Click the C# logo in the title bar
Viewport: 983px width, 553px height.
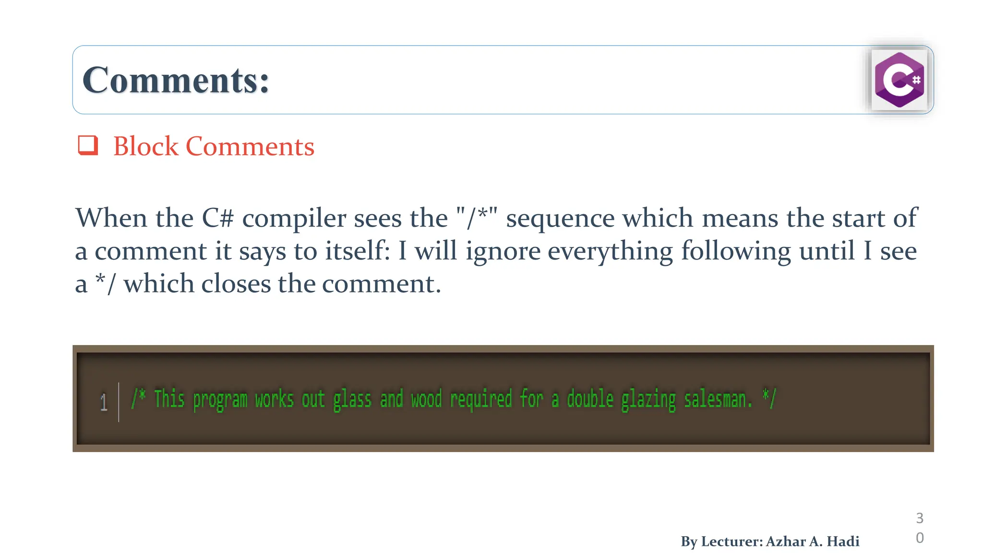click(899, 80)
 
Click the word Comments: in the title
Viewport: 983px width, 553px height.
click(176, 80)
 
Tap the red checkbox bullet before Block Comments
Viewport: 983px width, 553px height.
click(88, 145)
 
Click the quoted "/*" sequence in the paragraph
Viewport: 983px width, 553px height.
click(477, 217)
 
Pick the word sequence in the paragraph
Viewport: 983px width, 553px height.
click(560, 219)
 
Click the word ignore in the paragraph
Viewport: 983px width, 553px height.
click(503, 252)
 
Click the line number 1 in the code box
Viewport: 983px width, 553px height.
click(103, 402)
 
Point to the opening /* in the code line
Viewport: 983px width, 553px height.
click(139, 398)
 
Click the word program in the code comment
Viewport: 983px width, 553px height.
click(220, 400)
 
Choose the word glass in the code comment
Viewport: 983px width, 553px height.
click(352, 400)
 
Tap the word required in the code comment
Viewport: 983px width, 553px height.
click(481, 400)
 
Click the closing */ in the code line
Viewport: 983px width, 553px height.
click(769, 398)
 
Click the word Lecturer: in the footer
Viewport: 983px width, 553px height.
click(731, 541)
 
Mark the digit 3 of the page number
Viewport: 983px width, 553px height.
click(920, 518)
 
